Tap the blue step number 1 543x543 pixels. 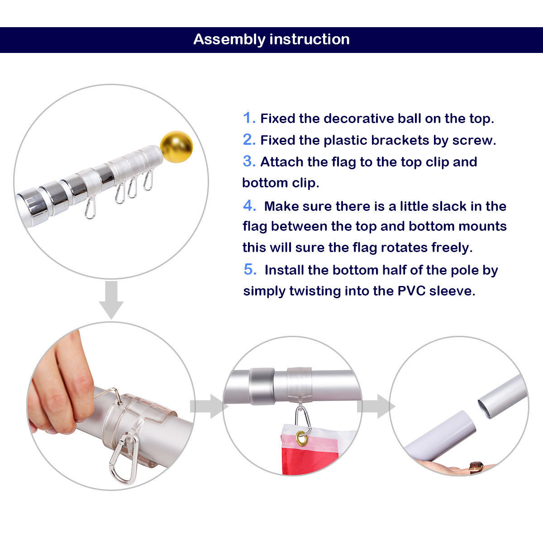(249, 118)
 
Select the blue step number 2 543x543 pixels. (249, 140)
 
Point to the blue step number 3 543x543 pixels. (249, 162)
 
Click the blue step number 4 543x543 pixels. (249, 206)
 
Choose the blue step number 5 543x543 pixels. (250, 270)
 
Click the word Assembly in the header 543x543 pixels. (229, 39)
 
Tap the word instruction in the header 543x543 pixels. (310, 39)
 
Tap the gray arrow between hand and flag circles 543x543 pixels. (206, 406)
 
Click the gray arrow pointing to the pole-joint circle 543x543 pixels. (375, 406)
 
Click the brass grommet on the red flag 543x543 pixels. (301, 437)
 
